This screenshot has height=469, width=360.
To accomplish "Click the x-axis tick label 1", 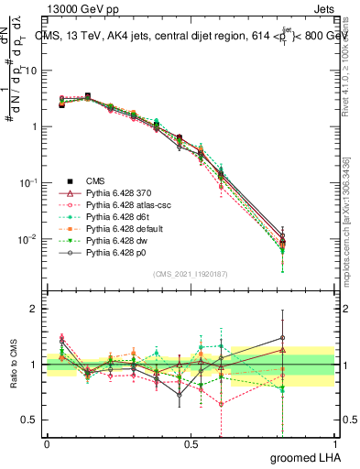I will click(x=333, y=443).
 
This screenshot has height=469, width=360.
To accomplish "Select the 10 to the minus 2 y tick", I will click(x=29, y=239).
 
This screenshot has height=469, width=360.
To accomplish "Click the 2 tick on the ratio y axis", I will click(x=35, y=310).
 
